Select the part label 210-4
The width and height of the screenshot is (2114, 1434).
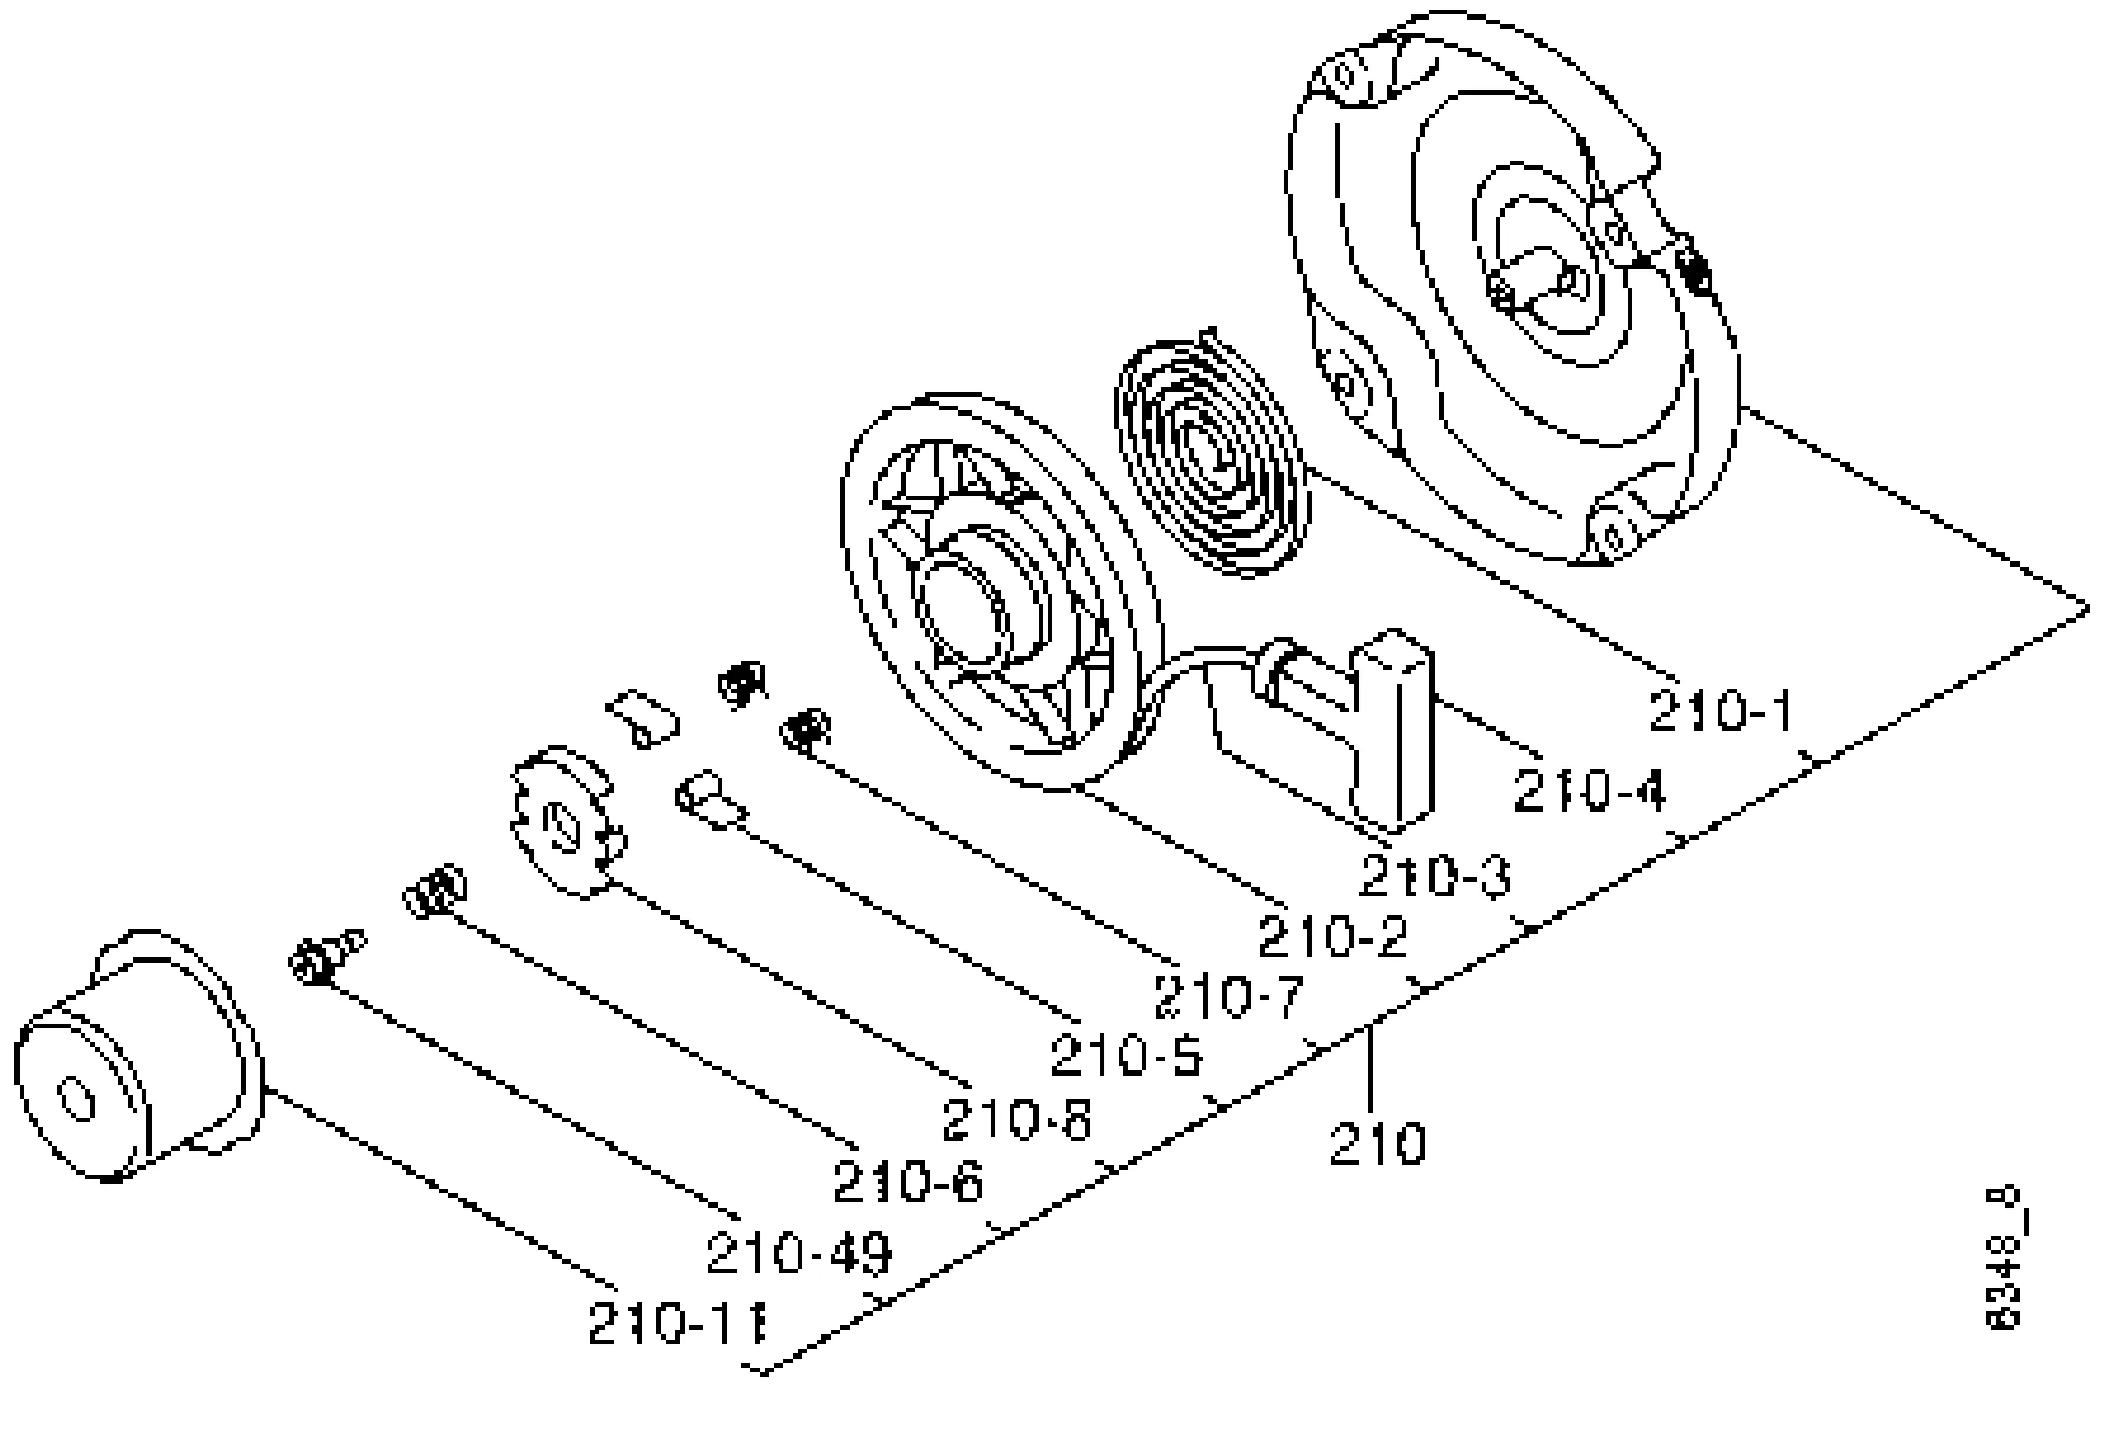[x=1589, y=791]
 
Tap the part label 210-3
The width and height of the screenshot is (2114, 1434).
[x=1435, y=877]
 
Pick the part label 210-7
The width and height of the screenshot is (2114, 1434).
[x=1229, y=996]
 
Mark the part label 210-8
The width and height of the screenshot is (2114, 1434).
[x=1016, y=1119]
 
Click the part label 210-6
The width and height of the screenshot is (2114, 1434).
[x=909, y=1183]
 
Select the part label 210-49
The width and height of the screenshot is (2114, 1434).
[x=799, y=1253]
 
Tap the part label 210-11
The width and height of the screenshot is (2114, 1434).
[x=678, y=1323]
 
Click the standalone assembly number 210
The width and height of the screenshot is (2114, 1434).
[x=1377, y=1143]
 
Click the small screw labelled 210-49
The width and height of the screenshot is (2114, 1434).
[x=325, y=955]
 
